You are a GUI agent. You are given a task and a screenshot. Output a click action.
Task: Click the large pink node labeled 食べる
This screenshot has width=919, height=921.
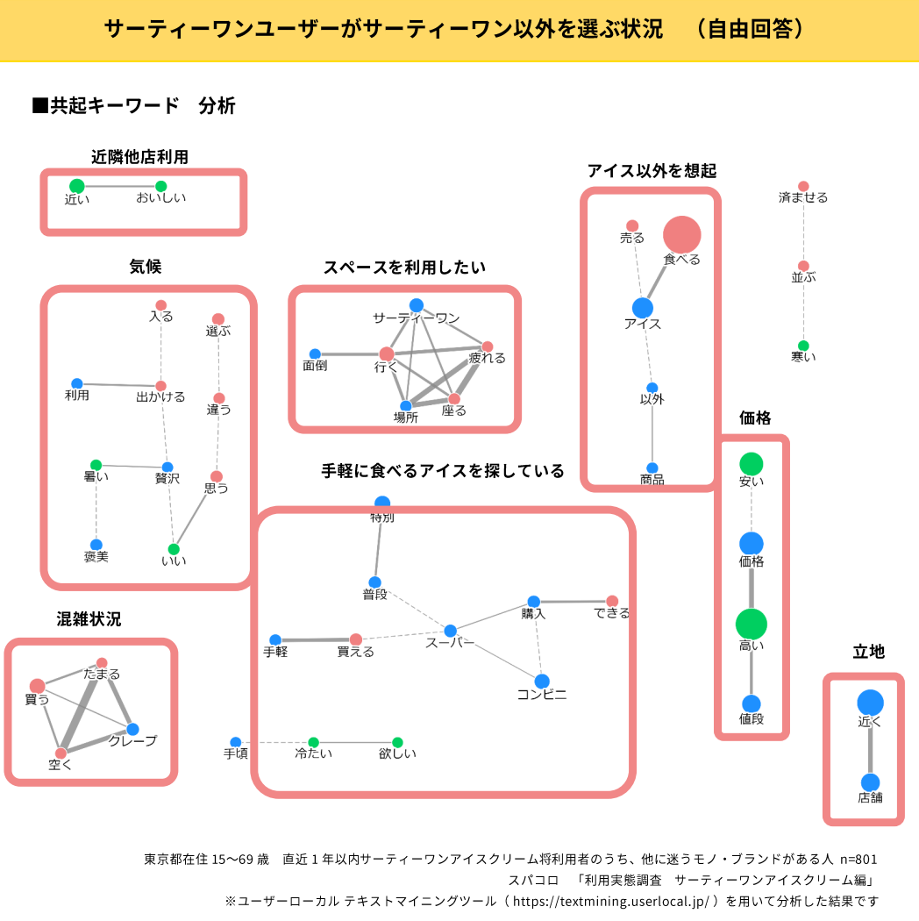(681, 235)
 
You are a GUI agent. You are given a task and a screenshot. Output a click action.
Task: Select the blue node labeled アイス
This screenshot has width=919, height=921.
(643, 308)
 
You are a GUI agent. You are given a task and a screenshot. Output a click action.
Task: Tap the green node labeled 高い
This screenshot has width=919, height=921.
(751, 625)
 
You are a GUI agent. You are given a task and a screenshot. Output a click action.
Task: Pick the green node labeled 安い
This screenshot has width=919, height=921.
(751, 464)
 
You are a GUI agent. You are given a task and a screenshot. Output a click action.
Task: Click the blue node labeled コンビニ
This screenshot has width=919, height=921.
(542, 681)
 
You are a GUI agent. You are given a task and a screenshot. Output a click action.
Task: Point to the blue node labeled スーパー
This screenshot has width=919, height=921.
(450, 631)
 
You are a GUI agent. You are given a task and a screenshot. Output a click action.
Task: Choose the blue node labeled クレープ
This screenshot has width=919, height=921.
(132, 729)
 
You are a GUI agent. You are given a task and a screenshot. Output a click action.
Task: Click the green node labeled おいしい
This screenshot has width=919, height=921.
(160, 186)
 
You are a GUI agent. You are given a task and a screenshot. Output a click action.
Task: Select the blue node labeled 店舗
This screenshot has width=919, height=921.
(870, 782)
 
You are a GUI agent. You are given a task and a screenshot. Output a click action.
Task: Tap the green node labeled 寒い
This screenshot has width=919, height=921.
(803, 346)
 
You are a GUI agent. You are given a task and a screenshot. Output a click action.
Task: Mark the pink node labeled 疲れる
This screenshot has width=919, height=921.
(488, 346)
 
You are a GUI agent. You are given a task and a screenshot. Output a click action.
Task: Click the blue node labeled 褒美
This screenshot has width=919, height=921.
(96, 545)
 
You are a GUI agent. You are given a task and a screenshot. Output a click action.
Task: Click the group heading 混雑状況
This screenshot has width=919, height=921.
(89, 619)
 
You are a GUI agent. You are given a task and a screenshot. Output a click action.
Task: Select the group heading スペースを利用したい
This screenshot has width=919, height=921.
(404, 268)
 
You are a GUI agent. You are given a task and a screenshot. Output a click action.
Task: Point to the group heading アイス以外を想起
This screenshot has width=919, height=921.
(652, 170)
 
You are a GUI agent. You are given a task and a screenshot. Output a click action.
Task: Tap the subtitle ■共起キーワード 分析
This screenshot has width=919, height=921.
(133, 106)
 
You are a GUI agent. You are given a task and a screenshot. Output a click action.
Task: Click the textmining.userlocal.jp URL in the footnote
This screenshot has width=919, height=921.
(610, 900)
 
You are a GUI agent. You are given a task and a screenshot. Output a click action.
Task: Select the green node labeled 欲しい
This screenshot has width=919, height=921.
(397, 742)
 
